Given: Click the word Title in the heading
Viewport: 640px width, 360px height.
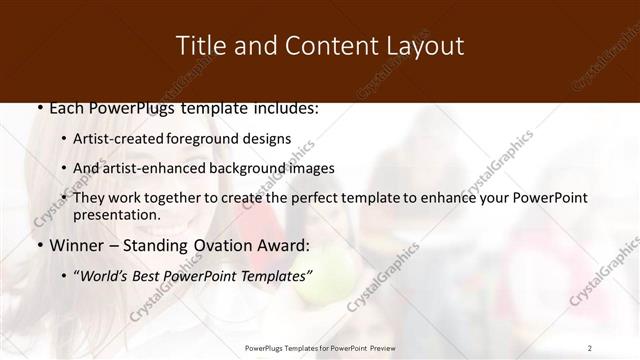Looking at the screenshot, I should coord(200,46).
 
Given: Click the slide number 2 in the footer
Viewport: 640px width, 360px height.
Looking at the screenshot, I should coord(590,347).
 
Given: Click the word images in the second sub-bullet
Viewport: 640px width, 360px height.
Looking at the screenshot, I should coord(311,168).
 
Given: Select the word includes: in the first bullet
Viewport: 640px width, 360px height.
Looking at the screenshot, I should coord(282,108).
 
